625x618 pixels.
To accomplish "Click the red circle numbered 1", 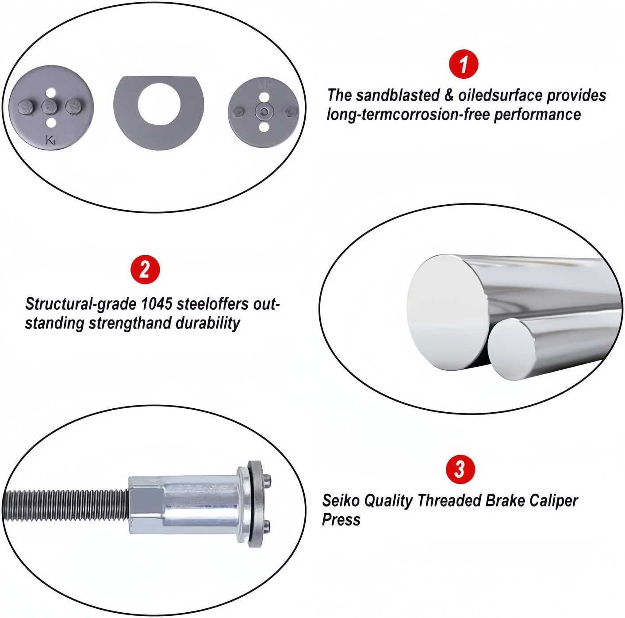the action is coord(464,64).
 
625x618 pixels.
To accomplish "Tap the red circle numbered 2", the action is coord(145,269).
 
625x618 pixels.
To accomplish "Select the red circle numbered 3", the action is coord(460,469).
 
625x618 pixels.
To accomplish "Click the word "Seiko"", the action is coord(341,501).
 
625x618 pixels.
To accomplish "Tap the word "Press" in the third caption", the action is coord(341,520).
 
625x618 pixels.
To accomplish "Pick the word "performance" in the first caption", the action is coord(537,115).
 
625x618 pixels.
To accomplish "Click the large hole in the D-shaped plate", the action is coord(159,104).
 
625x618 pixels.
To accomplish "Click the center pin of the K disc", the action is coord(50,106).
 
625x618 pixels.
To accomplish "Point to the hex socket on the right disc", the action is coord(264,112).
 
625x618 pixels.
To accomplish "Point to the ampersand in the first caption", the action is coord(449,96).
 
